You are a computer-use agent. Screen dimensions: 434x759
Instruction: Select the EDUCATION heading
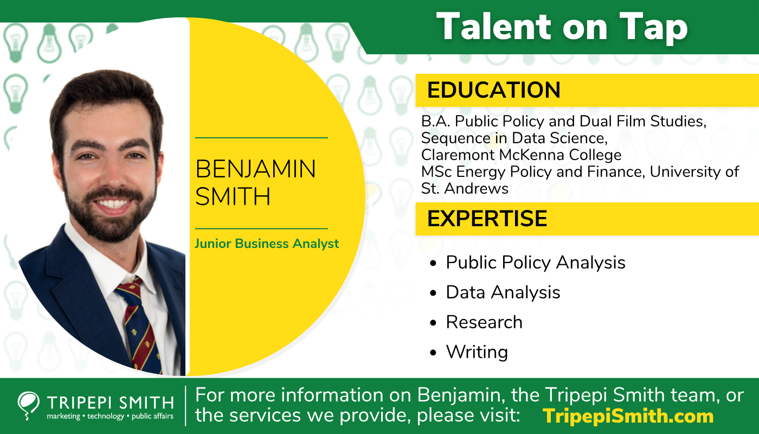[x=493, y=90]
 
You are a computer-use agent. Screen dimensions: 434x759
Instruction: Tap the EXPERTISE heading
[x=487, y=218]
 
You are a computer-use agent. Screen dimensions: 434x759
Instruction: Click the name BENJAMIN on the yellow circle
[x=255, y=169]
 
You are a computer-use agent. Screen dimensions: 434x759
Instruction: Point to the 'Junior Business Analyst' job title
[x=267, y=244]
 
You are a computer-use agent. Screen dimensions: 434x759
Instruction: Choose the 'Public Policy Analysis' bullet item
[x=535, y=263]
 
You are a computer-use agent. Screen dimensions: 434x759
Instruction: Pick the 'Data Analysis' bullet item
[x=503, y=292]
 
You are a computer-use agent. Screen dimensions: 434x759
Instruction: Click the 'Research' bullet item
[x=484, y=322]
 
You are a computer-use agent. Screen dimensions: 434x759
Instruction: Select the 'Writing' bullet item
[x=477, y=352]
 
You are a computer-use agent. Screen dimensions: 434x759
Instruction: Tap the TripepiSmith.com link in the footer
[x=628, y=416]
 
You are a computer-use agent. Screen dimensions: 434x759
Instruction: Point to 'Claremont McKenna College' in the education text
[x=521, y=155]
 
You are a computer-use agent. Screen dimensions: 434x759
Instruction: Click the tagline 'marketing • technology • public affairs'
[x=110, y=417]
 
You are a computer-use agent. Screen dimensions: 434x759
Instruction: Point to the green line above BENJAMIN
[x=261, y=138]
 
